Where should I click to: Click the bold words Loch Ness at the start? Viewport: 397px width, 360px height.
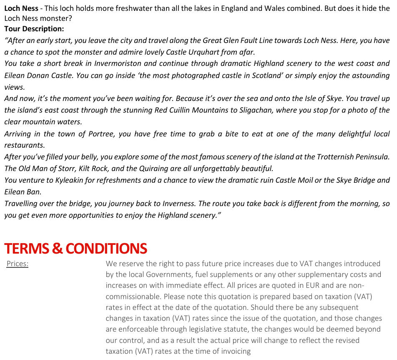point(21,8)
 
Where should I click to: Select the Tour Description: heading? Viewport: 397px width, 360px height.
point(34,29)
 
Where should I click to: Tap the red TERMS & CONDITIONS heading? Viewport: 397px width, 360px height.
point(75,249)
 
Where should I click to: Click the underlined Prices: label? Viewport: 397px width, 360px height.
point(18,264)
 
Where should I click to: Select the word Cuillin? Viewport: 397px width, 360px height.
point(183,110)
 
